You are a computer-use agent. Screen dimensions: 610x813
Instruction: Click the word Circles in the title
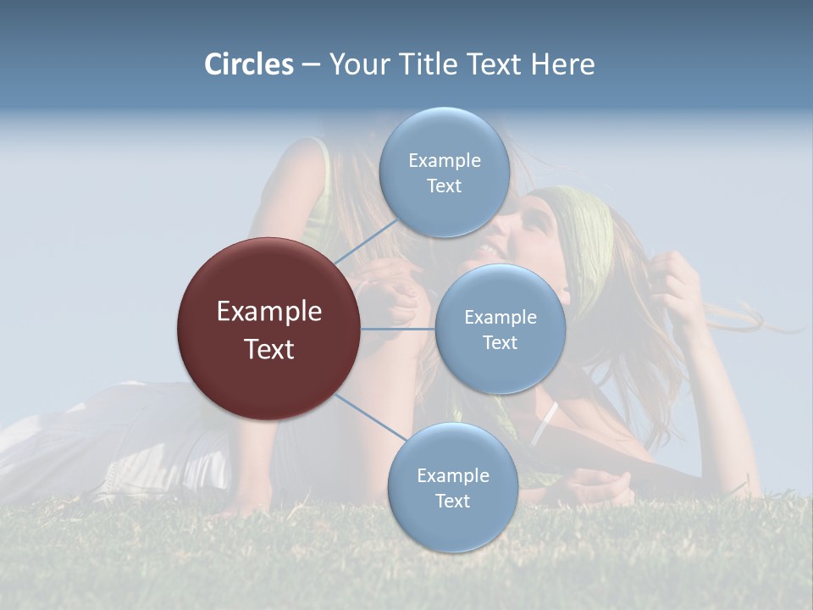(x=249, y=64)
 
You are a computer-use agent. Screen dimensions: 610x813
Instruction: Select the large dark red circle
(x=269, y=329)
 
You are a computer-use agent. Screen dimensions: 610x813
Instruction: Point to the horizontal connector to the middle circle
(x=398, y=329)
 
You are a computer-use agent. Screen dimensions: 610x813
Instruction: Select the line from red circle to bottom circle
(x=371, y=419)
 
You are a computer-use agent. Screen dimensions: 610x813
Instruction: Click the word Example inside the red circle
(x=269, y=312)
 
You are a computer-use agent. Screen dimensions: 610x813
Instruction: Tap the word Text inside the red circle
(x=269, y=349)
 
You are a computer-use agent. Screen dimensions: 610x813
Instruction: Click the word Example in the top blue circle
(x=444, y=160)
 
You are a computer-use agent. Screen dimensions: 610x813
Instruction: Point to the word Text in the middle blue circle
(x=500, y=343)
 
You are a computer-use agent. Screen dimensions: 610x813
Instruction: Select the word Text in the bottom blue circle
(x=452, y=502)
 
